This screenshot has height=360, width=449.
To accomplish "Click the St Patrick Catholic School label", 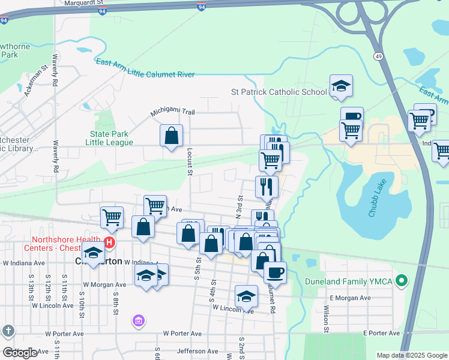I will click(x=279, y=92).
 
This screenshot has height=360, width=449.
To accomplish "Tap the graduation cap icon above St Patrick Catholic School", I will click(x=341, y=86).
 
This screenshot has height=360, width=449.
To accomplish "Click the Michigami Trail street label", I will click(x=172, y=112).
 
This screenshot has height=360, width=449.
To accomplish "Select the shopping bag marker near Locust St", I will click(x=172, y=135).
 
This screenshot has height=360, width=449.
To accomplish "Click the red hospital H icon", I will click(x=109, y=243).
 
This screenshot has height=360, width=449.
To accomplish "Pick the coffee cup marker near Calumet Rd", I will click(x=275, y=271).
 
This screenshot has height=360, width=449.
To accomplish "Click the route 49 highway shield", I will click(x=378, y=56).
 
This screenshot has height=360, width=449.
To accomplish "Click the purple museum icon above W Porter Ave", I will click(x=139, y=322).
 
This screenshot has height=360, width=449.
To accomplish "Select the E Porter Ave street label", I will click(x=381, y=333).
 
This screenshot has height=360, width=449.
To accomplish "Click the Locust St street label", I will click(x=188, y=162).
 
